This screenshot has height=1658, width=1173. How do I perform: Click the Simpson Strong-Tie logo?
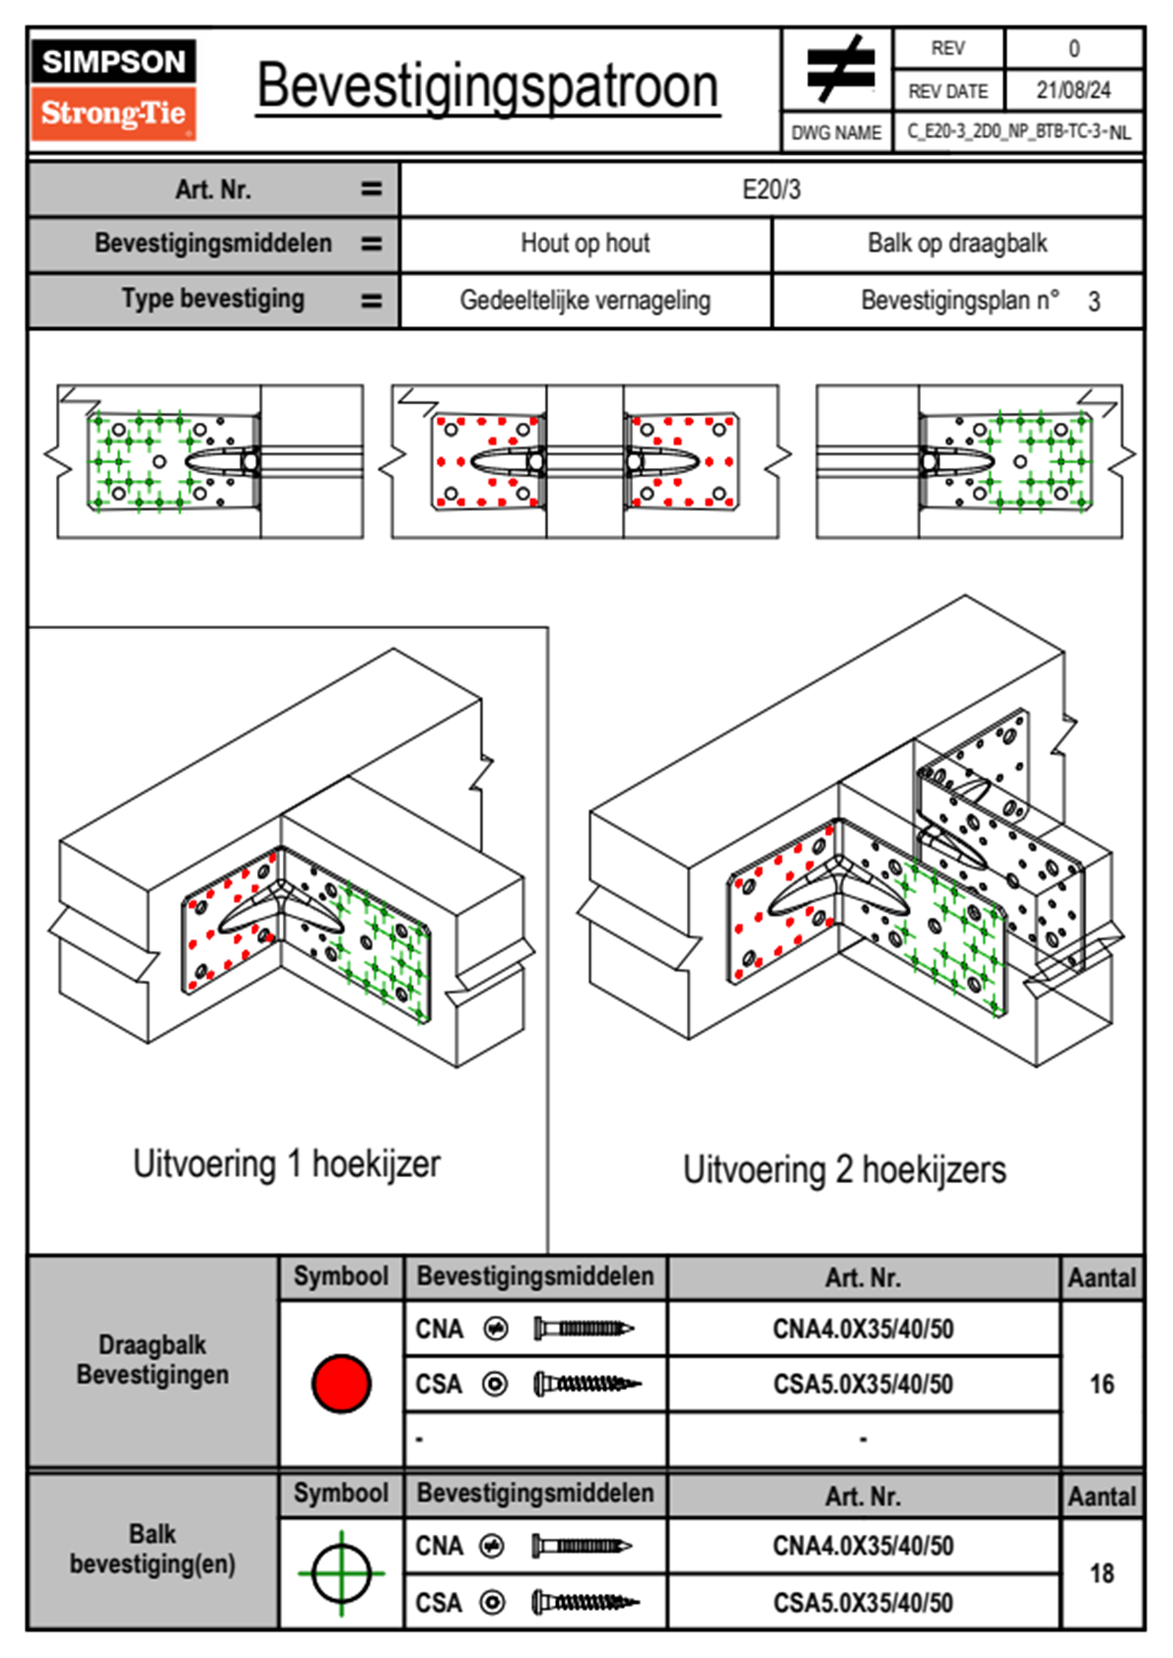113,90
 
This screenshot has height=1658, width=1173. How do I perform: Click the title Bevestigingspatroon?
488,88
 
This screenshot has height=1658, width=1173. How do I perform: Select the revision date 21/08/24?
1073,91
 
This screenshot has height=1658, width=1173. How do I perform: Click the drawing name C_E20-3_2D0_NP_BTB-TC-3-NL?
1019,132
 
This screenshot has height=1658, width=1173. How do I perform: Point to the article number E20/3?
771,189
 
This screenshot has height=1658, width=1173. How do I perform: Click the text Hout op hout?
586,242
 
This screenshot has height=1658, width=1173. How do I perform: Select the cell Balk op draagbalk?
958,242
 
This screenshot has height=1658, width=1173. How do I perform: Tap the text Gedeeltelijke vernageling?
586,301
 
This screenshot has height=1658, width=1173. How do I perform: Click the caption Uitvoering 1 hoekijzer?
287,1163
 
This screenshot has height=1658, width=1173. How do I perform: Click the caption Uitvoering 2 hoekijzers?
845,1169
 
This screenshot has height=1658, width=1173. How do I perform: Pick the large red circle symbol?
341,1383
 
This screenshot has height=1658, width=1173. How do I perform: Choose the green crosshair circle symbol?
341,1573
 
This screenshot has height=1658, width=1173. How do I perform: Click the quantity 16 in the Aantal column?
1102,1383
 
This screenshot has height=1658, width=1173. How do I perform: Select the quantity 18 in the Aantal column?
1102,1573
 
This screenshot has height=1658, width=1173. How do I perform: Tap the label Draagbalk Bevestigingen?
153,1359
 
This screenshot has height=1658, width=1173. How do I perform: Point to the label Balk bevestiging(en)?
153,1549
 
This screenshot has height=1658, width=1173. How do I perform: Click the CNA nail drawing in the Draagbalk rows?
584,1329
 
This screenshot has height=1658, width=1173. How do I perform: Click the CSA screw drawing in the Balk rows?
586,1603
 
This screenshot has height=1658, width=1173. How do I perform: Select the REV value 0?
1073,49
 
